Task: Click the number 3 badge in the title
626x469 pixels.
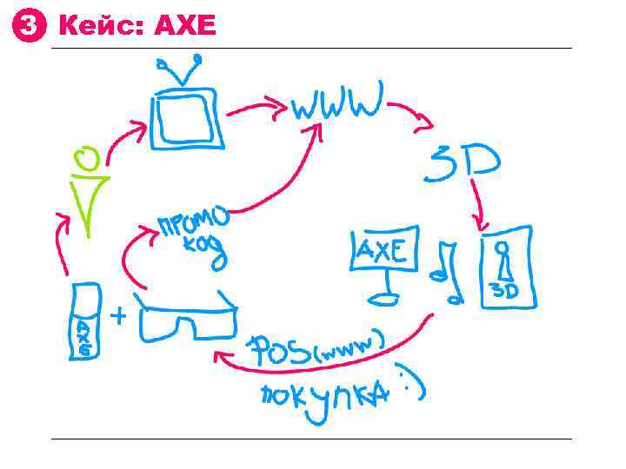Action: click(x=27, y=27)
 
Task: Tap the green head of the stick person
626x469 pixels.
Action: click(x=86, y=159)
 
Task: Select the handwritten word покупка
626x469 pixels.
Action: click(x=322, y=394)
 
